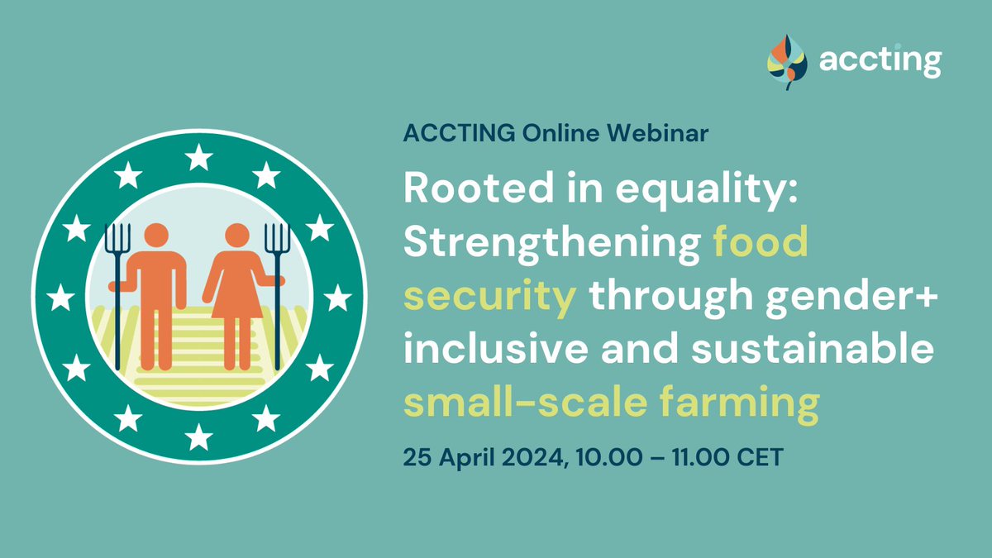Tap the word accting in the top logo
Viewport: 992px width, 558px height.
880,60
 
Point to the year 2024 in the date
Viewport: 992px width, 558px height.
526,458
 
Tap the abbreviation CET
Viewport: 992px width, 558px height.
756,458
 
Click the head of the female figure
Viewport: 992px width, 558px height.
238,236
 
